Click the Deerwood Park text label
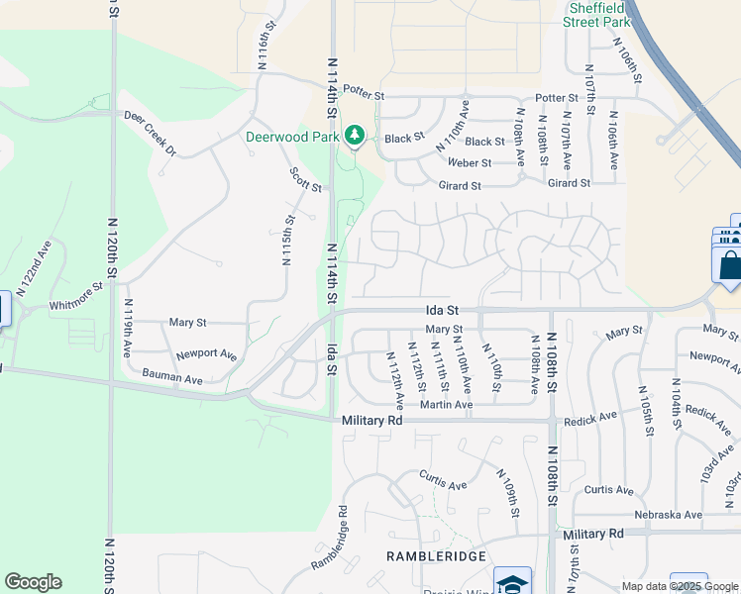(291, 137)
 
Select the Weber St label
(470, 162)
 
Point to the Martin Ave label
(446, 404)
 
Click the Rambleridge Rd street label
(330, 540)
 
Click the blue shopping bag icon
(728, 265)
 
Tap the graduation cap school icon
(513, 582)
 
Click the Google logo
(33, 582)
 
